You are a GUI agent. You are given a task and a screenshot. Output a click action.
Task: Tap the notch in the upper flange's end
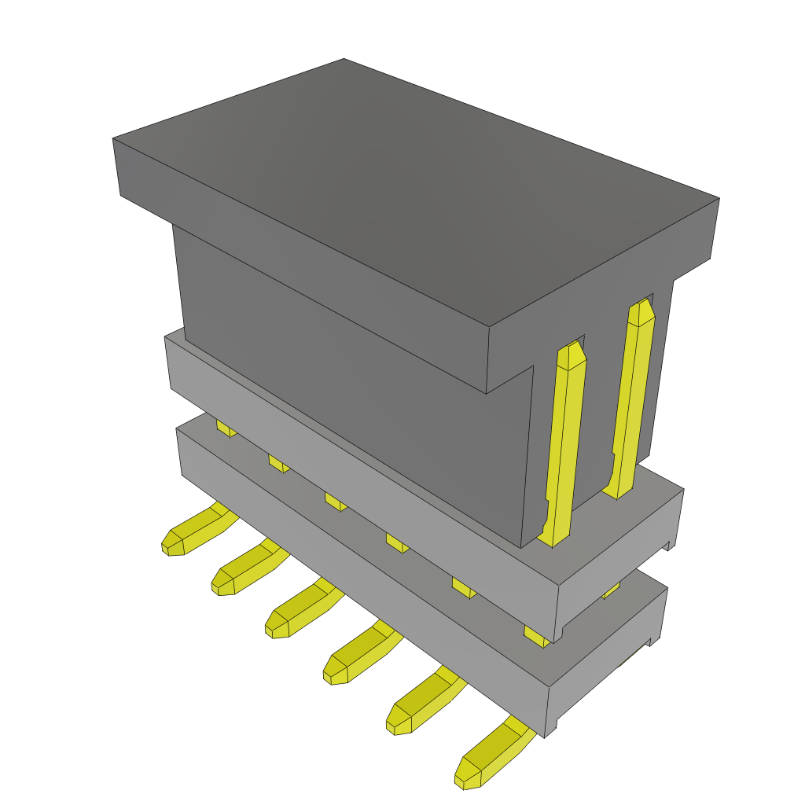(668, 545)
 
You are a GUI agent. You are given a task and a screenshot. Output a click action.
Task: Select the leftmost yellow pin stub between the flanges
(225, 429)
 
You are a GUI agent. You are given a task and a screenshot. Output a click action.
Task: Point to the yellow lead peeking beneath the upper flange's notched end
(611, 590)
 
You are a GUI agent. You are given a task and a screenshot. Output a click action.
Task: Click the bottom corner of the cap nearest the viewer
(487, 392)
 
